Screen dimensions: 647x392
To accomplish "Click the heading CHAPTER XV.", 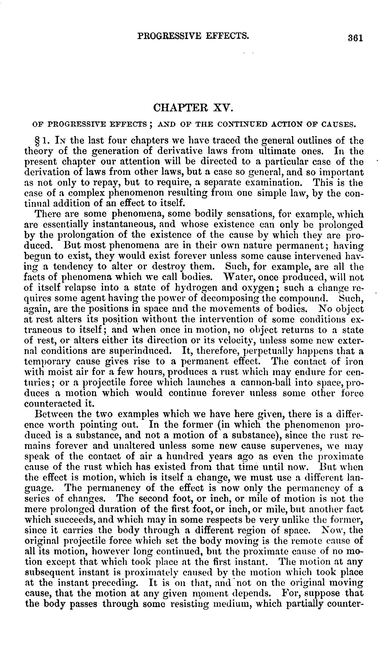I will click(x=193, y=108).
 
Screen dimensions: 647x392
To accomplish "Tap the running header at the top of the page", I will click(x=193, y=35).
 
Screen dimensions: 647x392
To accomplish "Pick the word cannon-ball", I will click(x=261, y=382).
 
